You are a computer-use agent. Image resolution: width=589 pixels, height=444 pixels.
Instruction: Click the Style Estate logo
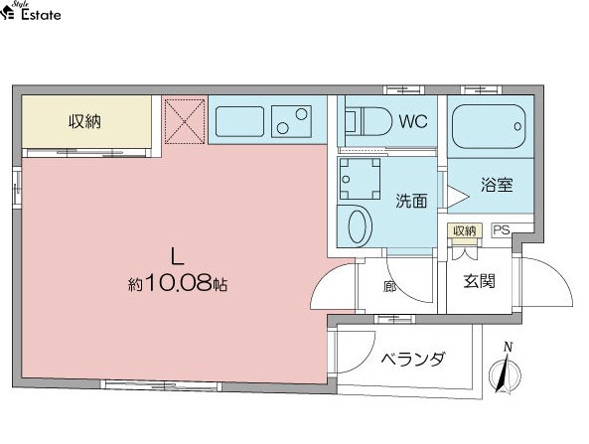click(31, 11)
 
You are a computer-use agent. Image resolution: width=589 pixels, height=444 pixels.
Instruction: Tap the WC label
click(413, 121)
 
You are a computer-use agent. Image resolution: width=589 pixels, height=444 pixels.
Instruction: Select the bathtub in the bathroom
click(489, 127)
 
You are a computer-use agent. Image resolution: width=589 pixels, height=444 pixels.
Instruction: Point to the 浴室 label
click(497, 185)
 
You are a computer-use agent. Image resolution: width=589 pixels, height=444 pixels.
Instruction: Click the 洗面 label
click(411, 201)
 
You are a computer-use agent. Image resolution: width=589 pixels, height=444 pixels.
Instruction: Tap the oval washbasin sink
click(361, 226)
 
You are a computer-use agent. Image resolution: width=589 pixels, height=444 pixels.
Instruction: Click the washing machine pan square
click(360, 179)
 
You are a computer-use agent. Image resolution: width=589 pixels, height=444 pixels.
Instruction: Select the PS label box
click(502, 229)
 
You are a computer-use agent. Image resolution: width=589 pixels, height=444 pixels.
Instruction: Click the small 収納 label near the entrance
click(465, 230)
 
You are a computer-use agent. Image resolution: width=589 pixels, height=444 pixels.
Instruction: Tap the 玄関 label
click(479, 281)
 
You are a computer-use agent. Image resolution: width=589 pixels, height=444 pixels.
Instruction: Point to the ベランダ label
click(413, 360)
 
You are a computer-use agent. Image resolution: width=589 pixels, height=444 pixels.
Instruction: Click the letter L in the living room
click(177, 257)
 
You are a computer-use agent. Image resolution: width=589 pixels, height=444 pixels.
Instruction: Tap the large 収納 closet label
click(84, 121)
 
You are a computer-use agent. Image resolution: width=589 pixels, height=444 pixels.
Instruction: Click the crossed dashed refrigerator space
click(185, 121)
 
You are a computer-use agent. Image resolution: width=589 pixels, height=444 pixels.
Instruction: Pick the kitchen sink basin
click(239, 121)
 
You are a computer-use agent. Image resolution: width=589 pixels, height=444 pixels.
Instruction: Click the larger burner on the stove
click(301, 114)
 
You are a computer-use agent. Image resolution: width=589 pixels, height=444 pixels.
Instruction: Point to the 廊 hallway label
click(389, 287)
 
